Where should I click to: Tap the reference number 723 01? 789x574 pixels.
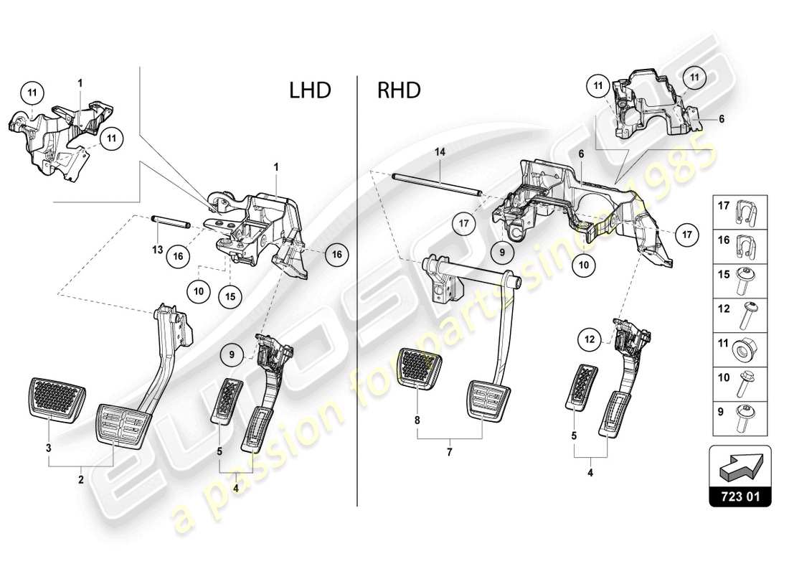click(741, 496)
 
